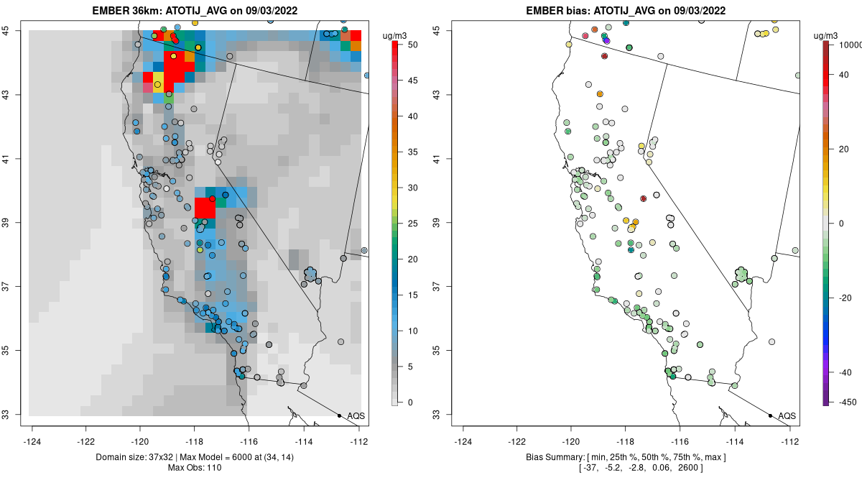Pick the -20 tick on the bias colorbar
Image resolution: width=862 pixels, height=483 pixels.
click(x=845, y=298)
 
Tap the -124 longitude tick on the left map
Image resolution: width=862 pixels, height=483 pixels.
click(x=33, y=441)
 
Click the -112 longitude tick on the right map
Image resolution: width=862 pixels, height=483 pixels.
click(x=790, y=441)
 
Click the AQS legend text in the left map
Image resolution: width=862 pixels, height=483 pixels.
click(x=356, y=416)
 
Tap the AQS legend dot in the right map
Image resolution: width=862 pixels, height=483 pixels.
click(x=770, y=415)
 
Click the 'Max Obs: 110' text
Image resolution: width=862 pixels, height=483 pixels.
click(x=195, y=469)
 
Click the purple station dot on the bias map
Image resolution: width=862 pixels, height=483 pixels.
click(x=606, y=41)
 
